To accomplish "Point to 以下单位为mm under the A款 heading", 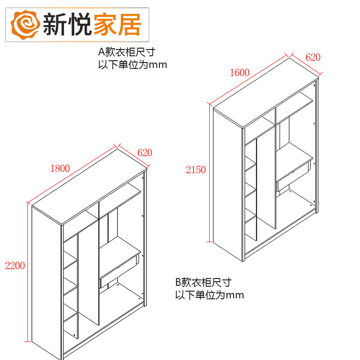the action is tap(133, 64).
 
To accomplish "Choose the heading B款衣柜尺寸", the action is tap(203, 283).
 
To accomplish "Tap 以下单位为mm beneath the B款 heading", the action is tap(210, 295).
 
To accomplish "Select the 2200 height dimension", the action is tap(14, 265).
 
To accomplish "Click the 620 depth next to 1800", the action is tap(144, 153).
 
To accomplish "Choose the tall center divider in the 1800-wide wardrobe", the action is tap(89, 274).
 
